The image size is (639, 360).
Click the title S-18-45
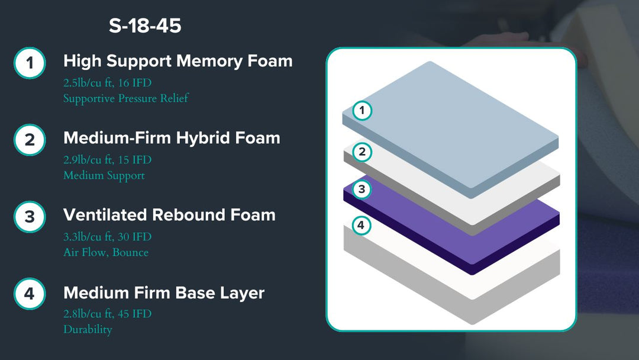145,25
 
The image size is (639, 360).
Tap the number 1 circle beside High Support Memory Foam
30,63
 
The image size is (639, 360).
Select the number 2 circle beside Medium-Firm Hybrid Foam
30,140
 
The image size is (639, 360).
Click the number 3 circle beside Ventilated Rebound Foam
30,217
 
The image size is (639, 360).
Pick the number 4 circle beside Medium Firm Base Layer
30,294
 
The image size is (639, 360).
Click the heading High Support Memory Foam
178,61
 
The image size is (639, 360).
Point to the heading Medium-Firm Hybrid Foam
172,138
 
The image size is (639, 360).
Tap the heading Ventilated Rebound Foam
170,215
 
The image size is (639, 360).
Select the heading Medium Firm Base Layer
164,292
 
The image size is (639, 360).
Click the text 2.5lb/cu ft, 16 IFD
108,83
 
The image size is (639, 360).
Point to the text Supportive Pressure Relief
126,98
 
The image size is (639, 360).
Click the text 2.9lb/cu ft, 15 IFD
108,160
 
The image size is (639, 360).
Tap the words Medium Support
104,175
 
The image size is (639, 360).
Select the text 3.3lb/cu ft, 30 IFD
108,237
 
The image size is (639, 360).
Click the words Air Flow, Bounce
106,252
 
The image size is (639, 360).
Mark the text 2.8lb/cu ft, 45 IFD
108,314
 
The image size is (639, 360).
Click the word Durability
88,329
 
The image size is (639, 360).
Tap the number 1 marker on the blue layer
362,111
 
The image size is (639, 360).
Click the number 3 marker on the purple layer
362,189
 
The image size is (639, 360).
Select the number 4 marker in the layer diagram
361,225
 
